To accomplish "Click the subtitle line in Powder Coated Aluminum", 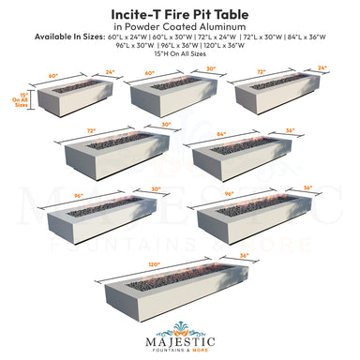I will pyautogui.click(x=179, y=27).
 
